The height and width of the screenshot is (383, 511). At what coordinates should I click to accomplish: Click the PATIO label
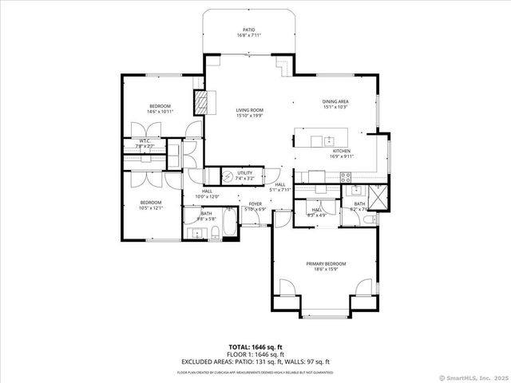(249, 30)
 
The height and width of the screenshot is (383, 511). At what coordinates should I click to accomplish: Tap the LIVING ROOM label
(249, 110)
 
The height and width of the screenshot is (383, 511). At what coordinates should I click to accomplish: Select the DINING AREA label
(335, 102)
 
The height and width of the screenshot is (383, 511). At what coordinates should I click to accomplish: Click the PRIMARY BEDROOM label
(326, 263)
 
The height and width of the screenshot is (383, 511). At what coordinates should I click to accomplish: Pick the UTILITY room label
(244, 172)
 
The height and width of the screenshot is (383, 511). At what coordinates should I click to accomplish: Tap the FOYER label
(255, 204)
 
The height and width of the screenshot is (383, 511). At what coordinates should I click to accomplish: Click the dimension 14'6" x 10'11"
(161, 112)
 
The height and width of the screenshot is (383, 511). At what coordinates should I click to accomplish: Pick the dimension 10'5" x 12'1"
(151, 207)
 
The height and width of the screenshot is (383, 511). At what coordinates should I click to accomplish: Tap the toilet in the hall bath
(214, 233)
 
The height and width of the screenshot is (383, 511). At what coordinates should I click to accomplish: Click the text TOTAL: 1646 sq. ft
(255, 347)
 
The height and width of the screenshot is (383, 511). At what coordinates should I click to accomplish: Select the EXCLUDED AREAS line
(255, 361)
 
